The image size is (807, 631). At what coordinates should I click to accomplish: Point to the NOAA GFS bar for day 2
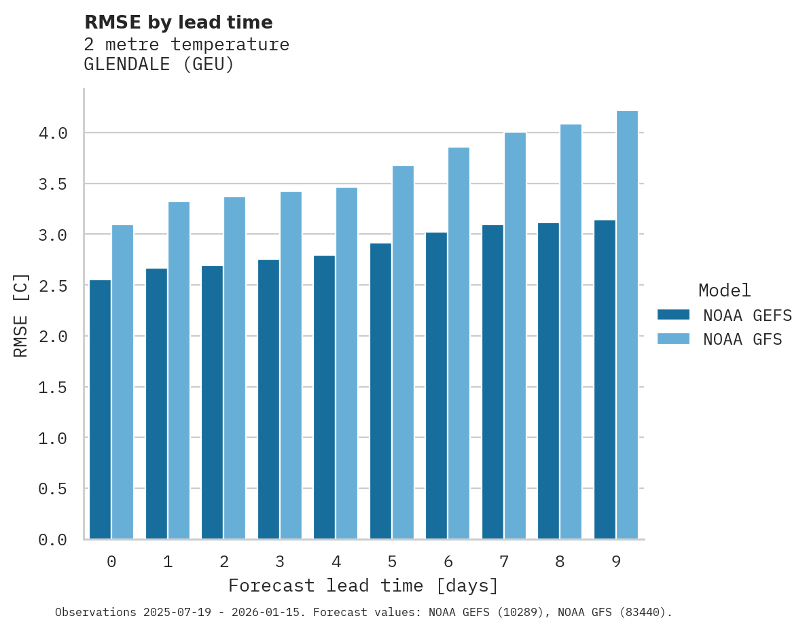pyautogui.click(x=234, y=368)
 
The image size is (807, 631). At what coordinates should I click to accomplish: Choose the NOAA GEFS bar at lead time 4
pyautogui.click(x=325, y=397)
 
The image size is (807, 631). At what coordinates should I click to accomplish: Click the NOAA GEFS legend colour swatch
pyautogui.click(x=673, y=315)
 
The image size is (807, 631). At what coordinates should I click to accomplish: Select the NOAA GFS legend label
pyautogui.click(x=742, y=339)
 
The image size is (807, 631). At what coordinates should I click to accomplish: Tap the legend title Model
pyautogui.click(x=725, y=290)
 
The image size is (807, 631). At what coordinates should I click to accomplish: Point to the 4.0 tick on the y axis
pyautogui.click(x=53, y=133)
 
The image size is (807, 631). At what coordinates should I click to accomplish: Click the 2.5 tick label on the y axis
pyautogui.click(x=53, y=286)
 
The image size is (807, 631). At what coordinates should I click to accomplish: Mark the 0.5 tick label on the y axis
pyautogui.click(x=53, y=489)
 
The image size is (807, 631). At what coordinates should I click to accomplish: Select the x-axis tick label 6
pyautogui.click(x=448, y=562)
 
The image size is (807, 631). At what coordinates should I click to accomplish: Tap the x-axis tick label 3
pyautogui.click(x=280, y=562)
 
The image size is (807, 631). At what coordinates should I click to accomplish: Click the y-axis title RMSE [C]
pyautogui.click(x=21, y=315)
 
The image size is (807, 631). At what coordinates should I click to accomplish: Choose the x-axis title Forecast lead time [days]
pyautogui.click(x=363, y=585)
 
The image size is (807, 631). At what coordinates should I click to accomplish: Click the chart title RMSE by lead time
pyautogui.click(x=179, y=22)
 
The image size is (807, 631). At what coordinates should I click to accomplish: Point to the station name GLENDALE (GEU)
pyautogui.click(x=159, y=65)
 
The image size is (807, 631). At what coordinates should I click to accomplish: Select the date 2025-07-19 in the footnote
pyautogui.click(x=175, y=612)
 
